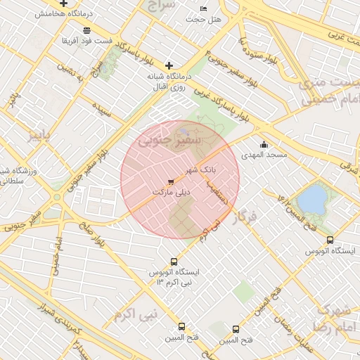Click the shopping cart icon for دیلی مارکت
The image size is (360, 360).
pos(171,182)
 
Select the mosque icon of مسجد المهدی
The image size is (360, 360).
pos(264,145)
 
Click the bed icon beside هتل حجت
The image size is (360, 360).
pos(204,8)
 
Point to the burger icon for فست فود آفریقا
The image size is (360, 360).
pos(86,30)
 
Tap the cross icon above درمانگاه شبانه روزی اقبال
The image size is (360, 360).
pos(169,65)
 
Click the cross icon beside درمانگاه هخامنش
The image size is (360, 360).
pos(64,4)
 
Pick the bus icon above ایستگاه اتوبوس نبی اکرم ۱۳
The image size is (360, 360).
pos(174,262)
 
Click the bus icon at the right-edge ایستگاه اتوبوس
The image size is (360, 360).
pos(330,240)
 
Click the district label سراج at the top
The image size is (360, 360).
pos(160,6)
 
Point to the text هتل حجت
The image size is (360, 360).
pos(204,19)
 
